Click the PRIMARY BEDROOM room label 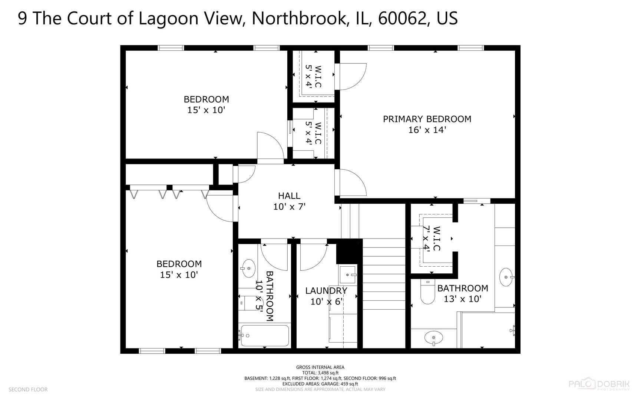427,119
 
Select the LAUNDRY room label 326,291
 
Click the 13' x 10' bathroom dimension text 462,299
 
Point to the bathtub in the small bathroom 264,336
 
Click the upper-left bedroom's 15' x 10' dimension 206,110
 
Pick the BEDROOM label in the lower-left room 179,264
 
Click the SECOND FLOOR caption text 28,389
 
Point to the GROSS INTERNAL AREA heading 320,367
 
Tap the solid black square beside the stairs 349,251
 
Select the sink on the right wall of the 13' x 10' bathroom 506,277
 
